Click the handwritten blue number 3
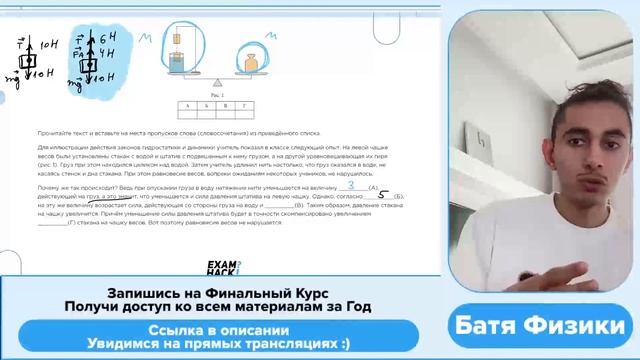350,185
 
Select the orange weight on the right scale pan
251,67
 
